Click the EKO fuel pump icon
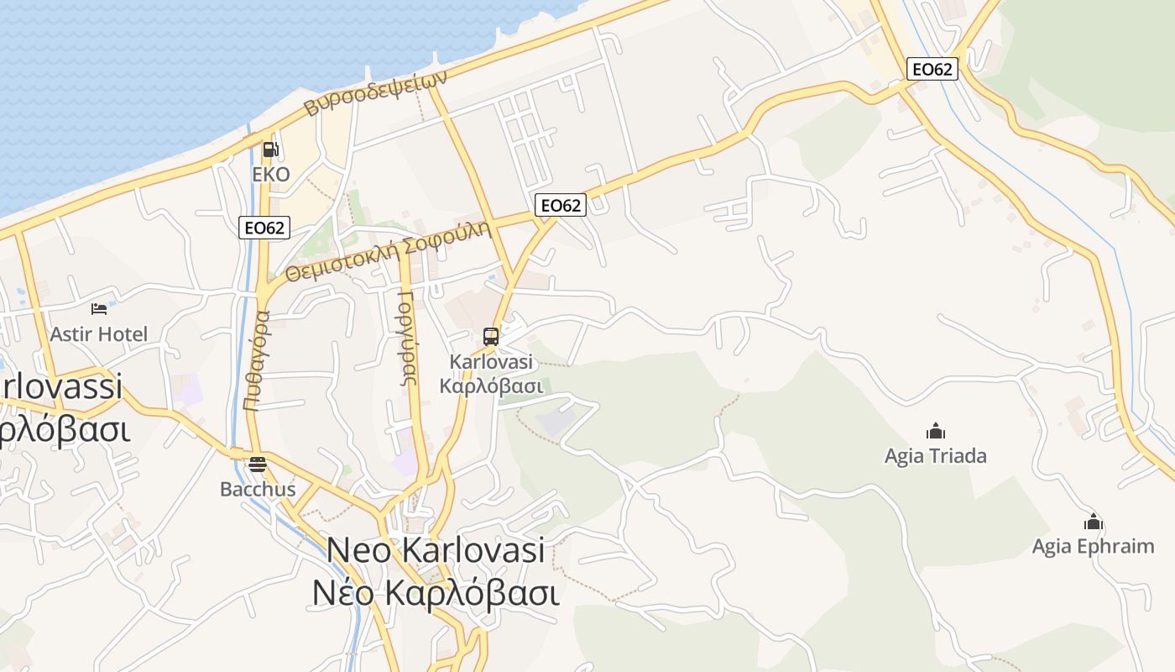coord(270,150)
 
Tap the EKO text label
coord(271,175)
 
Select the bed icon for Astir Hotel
coord(99,309)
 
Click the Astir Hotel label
coord(99,334)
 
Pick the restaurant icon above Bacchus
coord(258,465)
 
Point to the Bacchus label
coord(258,489)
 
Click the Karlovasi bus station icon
coord(491,337)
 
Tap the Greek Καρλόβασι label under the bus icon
coord(492,386)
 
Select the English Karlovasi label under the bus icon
coord(492,363)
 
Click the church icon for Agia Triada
coord(936,432)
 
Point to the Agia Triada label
coord(936,456)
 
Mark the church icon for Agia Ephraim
coord(1093,522)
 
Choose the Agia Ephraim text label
coord(1093,547)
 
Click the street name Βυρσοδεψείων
coord(375,92)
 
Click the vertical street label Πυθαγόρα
coord(257,360)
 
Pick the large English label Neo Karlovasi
coord(436,550)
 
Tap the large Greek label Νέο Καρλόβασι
coord(436,592)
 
